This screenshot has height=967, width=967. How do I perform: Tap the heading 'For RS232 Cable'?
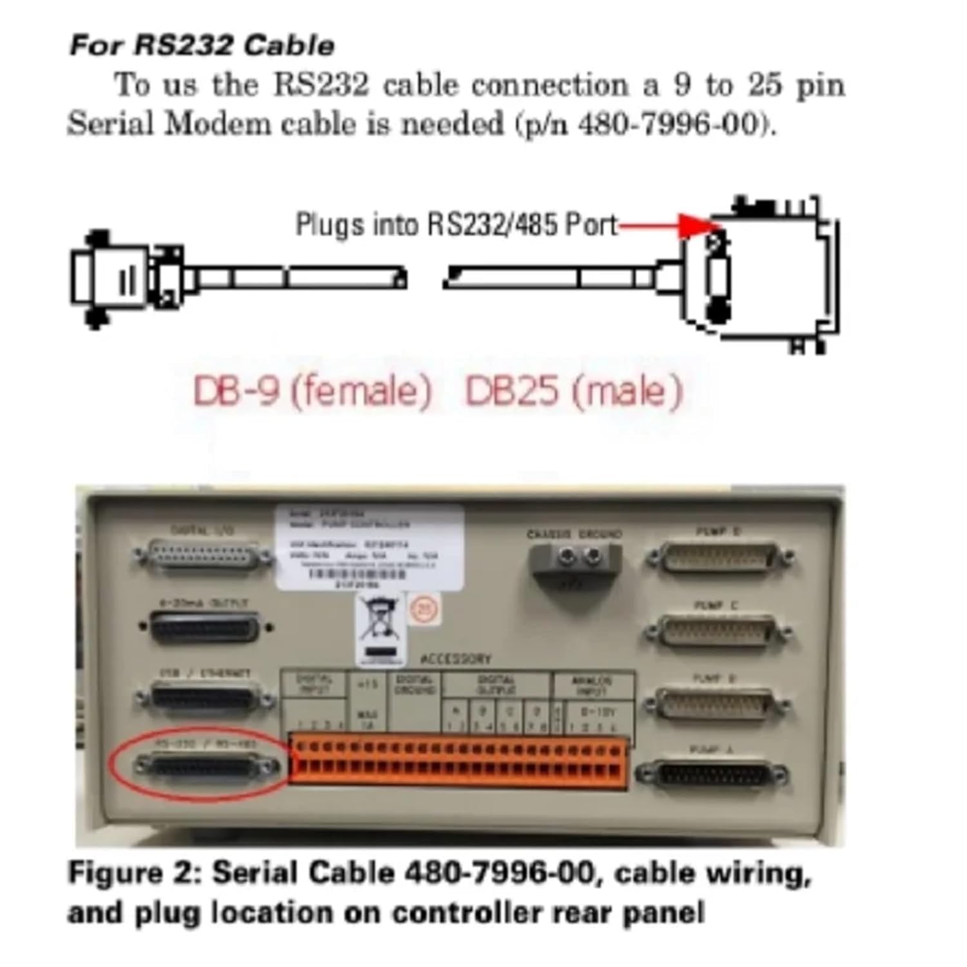pos(202,46)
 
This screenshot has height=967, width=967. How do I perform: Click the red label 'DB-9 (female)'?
pos(312,391)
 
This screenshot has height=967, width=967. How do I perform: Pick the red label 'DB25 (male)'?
pos(573,391)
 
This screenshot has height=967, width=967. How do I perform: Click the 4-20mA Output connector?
pos(205,627)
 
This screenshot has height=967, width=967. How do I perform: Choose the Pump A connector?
pos(713,774)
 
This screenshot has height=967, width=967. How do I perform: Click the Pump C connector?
pos(717,632)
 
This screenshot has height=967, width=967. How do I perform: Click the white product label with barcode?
pos(369,547)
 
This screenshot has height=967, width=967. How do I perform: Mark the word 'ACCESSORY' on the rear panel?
pos(455,659)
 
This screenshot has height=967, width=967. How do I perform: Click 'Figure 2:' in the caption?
pos(135,874)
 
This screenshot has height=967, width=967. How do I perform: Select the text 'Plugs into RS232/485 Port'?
pos(456,225)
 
